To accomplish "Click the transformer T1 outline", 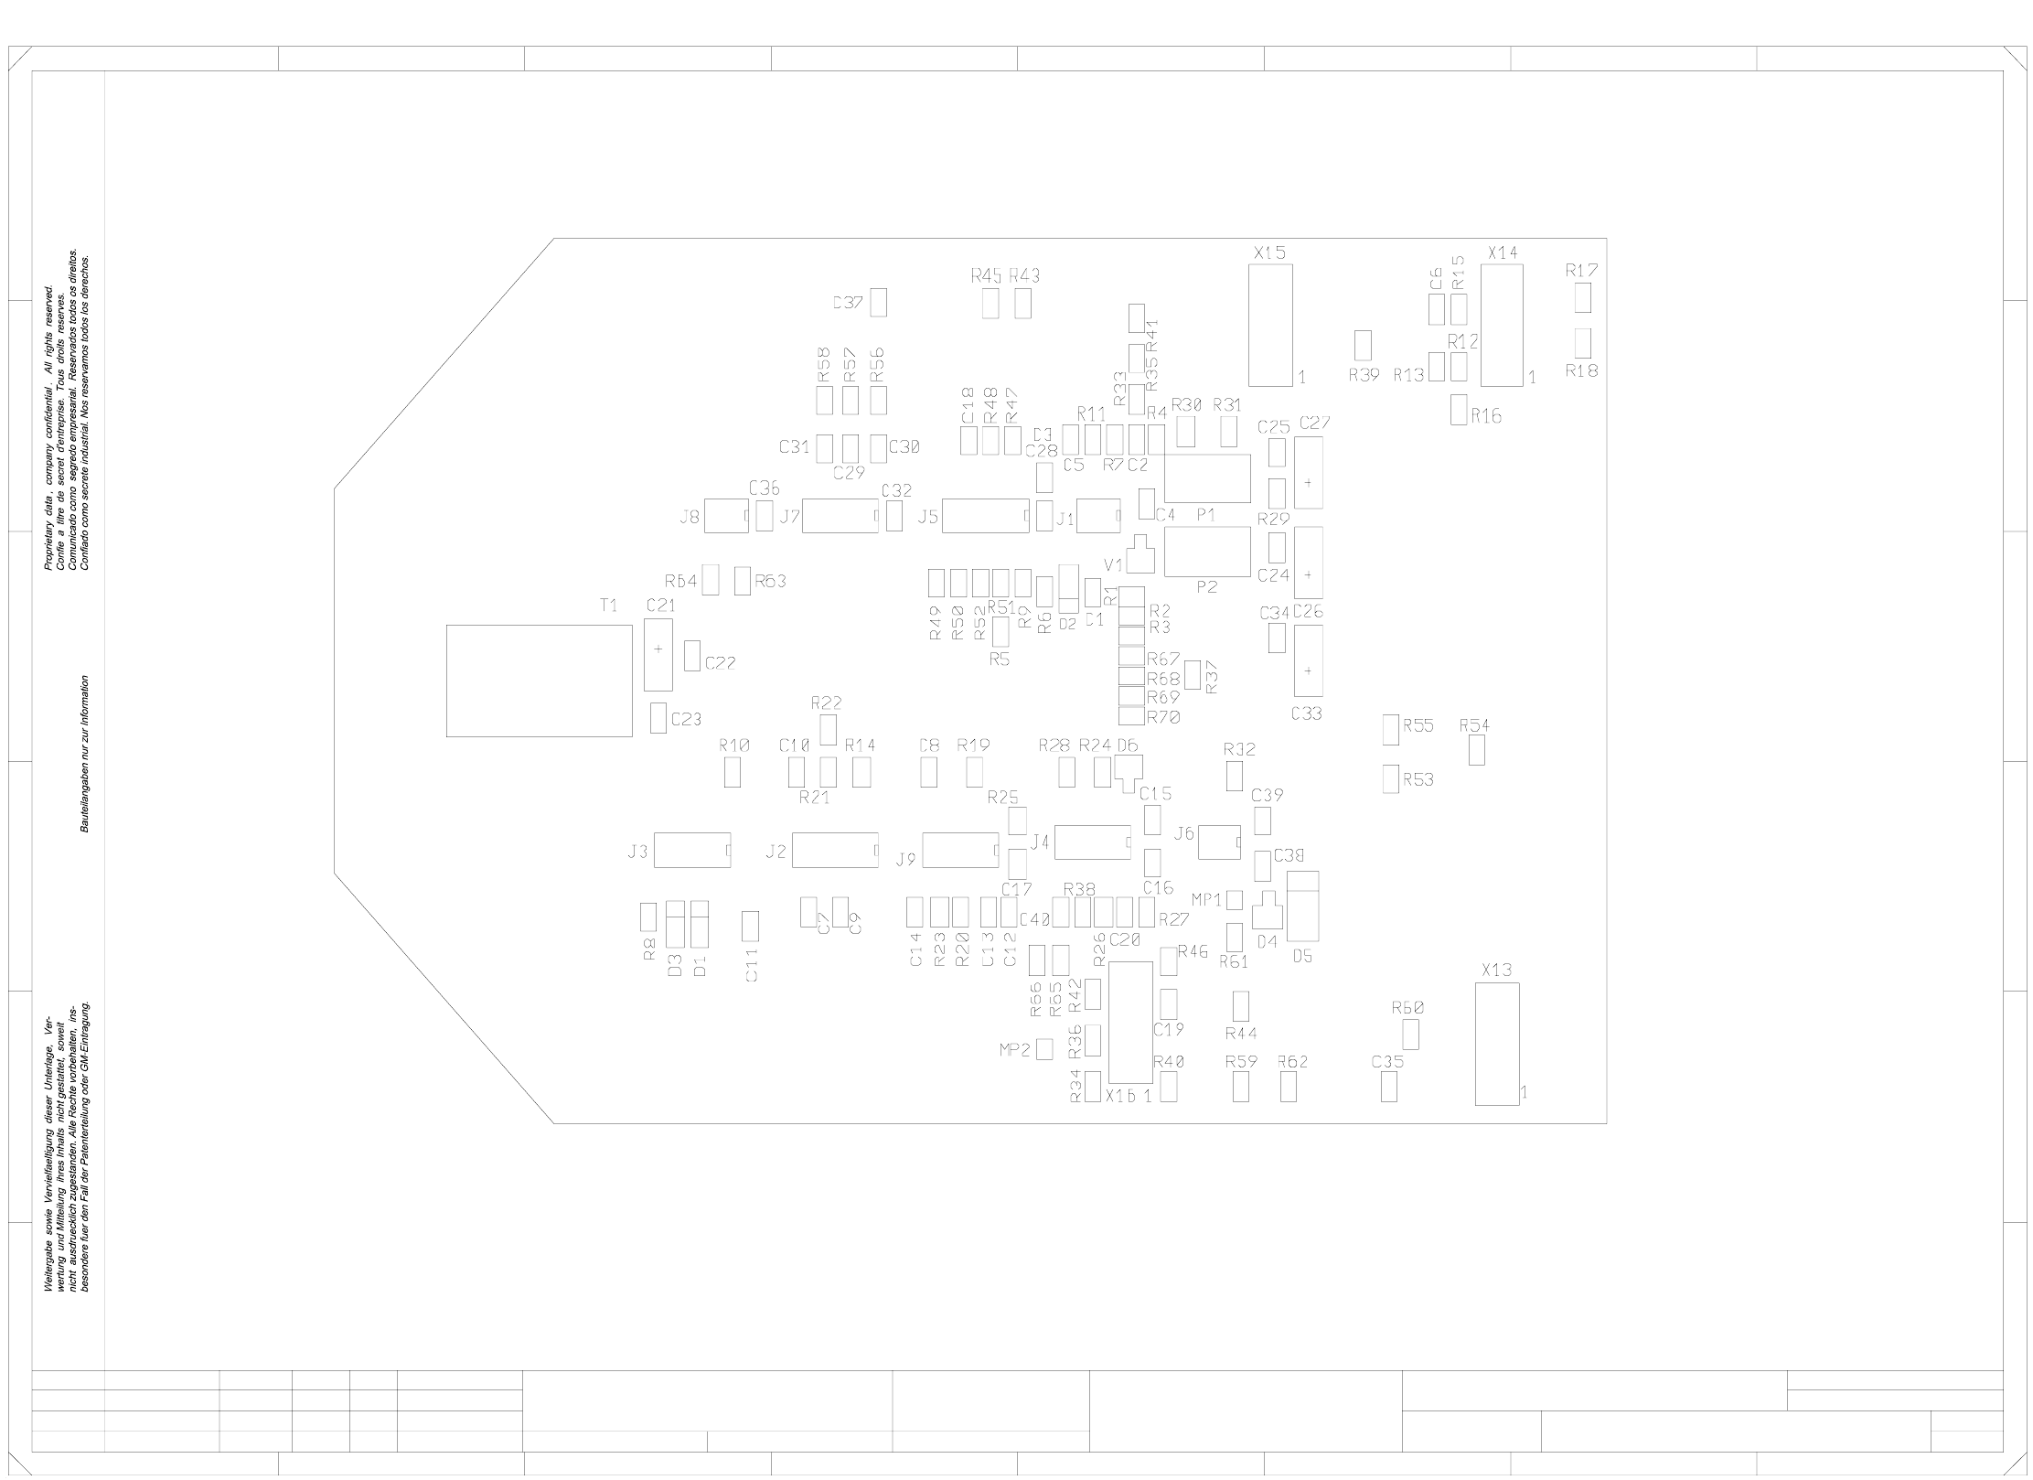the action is [539, 681].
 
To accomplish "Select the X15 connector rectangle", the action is [1270, 325].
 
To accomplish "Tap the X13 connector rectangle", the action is [1496, 1044].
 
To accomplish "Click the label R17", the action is [1581, 271].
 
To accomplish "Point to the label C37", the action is [848, 304].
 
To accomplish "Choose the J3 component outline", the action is [692, 850].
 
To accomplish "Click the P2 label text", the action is [1207, 587].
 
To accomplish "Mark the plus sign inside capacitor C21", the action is [658, 649].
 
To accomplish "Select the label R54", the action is [1474, 725].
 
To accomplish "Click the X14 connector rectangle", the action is [1502, 325].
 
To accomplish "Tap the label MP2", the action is [1015, 1050].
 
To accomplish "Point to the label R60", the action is [1407, 1008].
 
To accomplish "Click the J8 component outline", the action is [728, 516].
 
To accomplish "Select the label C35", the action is [1387, 1062].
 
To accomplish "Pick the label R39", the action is [1364, 375].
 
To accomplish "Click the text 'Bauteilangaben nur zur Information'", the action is [85, 753].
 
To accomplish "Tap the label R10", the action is [734, 745].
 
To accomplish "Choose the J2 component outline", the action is [834, 850].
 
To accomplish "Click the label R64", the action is [681, 582].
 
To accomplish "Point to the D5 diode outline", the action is [1302, 906].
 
